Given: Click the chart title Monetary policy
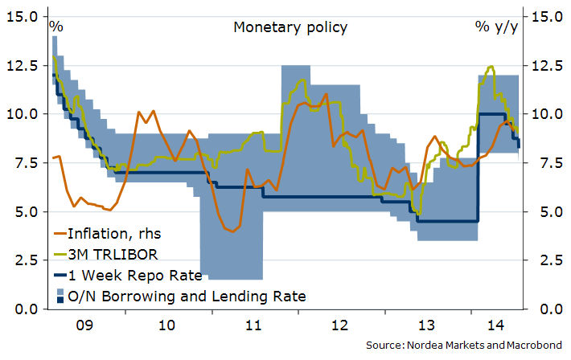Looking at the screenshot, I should [290, 27].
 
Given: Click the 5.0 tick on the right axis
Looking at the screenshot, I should [548, 212].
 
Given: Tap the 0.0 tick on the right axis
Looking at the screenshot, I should [548, 309].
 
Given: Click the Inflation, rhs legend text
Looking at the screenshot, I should [115, 235].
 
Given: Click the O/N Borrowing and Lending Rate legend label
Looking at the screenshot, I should [187, 297].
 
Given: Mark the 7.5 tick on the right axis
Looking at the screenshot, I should [548, 163].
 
